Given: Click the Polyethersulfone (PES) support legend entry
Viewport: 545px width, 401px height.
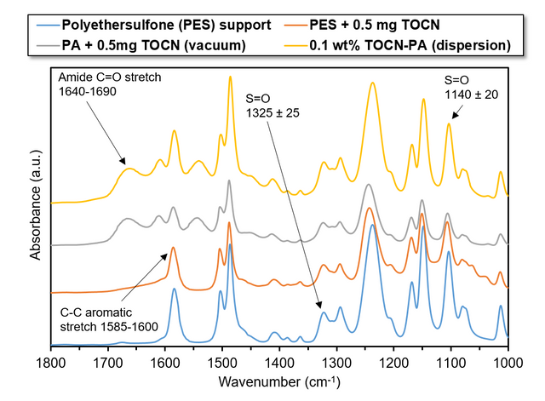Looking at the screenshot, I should pos(169,25).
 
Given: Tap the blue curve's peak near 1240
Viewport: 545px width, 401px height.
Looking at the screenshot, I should pos(372,225).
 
